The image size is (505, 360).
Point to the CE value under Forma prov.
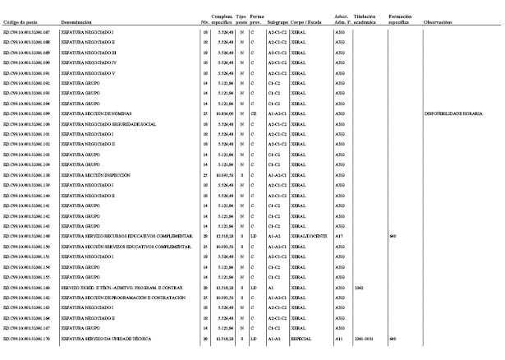click(255, 113)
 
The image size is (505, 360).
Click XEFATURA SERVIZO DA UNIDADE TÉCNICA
click(111, 339)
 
